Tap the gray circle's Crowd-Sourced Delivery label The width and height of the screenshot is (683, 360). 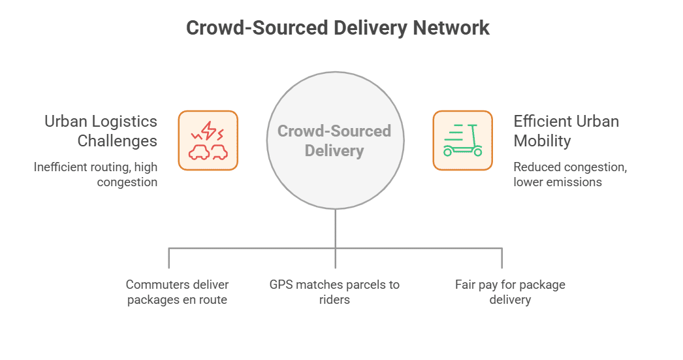coord(334,140)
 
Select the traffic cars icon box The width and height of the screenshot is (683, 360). coord(208,140)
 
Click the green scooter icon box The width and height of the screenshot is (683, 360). coord(462,140)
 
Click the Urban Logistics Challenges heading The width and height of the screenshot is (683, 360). coord(101,131)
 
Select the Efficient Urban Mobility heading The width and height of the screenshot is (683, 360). coord(566,131)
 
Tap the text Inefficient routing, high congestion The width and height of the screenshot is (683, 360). coord(96,174)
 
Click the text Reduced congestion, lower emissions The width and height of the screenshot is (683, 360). coord(570,174)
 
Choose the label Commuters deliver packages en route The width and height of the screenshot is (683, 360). coord(177,292)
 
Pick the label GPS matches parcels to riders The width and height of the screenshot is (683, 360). coord(334,292)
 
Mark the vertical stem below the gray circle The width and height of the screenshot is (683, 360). coord(335,229)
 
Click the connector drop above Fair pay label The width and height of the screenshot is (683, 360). coord(501,259)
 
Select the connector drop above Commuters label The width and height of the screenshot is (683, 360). coord(169,259)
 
